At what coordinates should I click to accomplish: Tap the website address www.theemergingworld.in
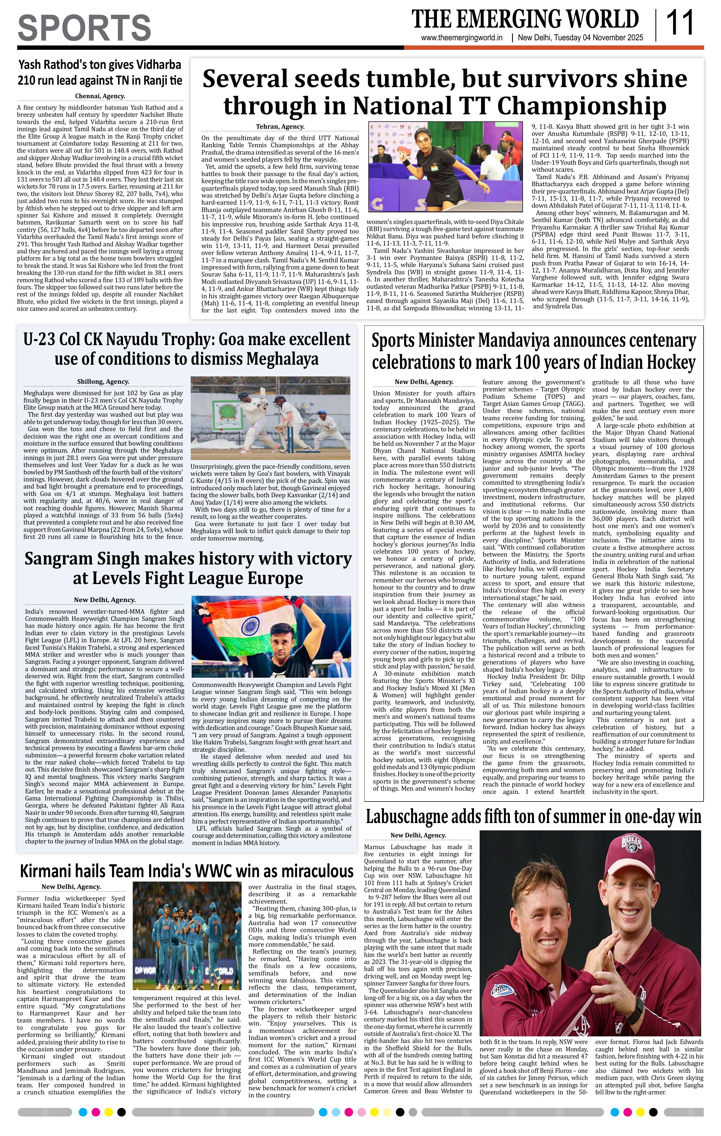(x=462, y=38)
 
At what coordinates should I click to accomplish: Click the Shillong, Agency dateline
(x=103, y=382)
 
